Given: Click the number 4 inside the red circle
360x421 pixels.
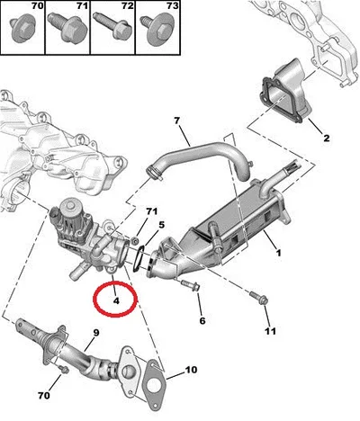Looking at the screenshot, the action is click(116, 300).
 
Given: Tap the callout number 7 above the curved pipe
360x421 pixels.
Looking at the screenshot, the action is click(176, 121).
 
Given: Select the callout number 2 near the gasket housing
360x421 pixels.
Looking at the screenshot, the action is click(327, 138).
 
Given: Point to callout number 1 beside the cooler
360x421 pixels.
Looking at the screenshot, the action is click(279, 253).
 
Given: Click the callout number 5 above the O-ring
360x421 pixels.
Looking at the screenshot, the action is click(162, 224).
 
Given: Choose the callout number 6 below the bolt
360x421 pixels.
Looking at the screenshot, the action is click(202, 321).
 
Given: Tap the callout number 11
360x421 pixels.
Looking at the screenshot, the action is click(270, 331).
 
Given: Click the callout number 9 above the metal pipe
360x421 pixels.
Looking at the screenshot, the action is click(96, 333).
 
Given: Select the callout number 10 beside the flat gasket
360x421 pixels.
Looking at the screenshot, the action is click(191, 370).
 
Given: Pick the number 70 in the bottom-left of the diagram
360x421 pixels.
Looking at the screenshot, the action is click(44, 396).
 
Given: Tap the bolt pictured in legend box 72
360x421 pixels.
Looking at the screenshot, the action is click(113, 25).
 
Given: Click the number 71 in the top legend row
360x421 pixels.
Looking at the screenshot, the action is click(82, 5).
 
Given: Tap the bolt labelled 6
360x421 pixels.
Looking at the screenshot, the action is click(190, 285).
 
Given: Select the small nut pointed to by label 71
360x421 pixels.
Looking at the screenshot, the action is click(135, 240).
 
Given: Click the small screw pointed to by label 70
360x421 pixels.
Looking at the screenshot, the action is click(64, 369).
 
